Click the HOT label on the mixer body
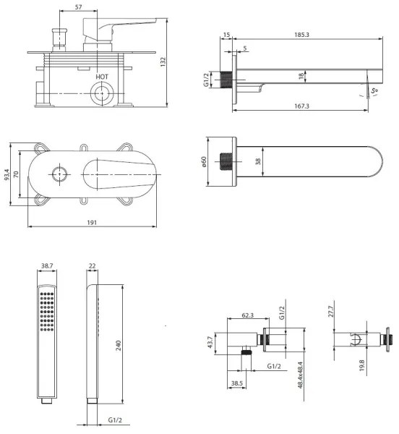point(102,77)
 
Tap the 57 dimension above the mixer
point(79,7)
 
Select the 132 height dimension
point(163,61)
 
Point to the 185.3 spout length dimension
point(301,35)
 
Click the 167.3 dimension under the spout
point(301,106)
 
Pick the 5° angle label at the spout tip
point(374,90)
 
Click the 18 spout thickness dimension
point(301,76)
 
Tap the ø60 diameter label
point(204,161)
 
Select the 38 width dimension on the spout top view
point(258,161)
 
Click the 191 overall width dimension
point(92,223)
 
